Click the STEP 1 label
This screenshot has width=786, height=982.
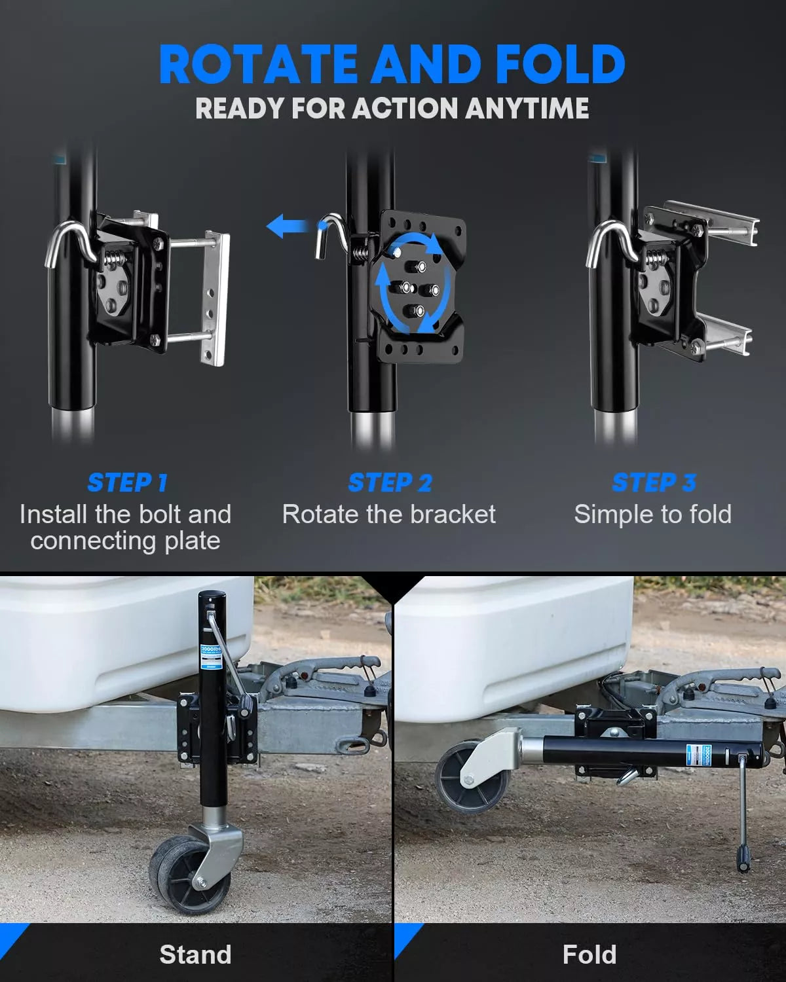[127, 483]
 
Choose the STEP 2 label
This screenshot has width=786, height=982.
[390, 483]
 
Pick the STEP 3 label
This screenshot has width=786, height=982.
[653, 483]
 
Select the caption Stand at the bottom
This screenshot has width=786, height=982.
[195, 955]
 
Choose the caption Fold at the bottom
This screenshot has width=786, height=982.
[589, 955]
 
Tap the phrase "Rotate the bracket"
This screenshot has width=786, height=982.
[389, 515]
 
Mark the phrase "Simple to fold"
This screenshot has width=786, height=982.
[652, 515]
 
